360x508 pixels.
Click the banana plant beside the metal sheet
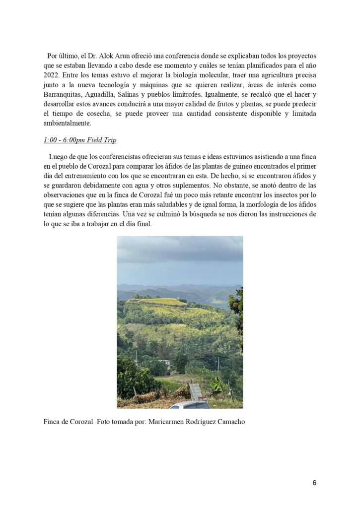click(217, 384)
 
